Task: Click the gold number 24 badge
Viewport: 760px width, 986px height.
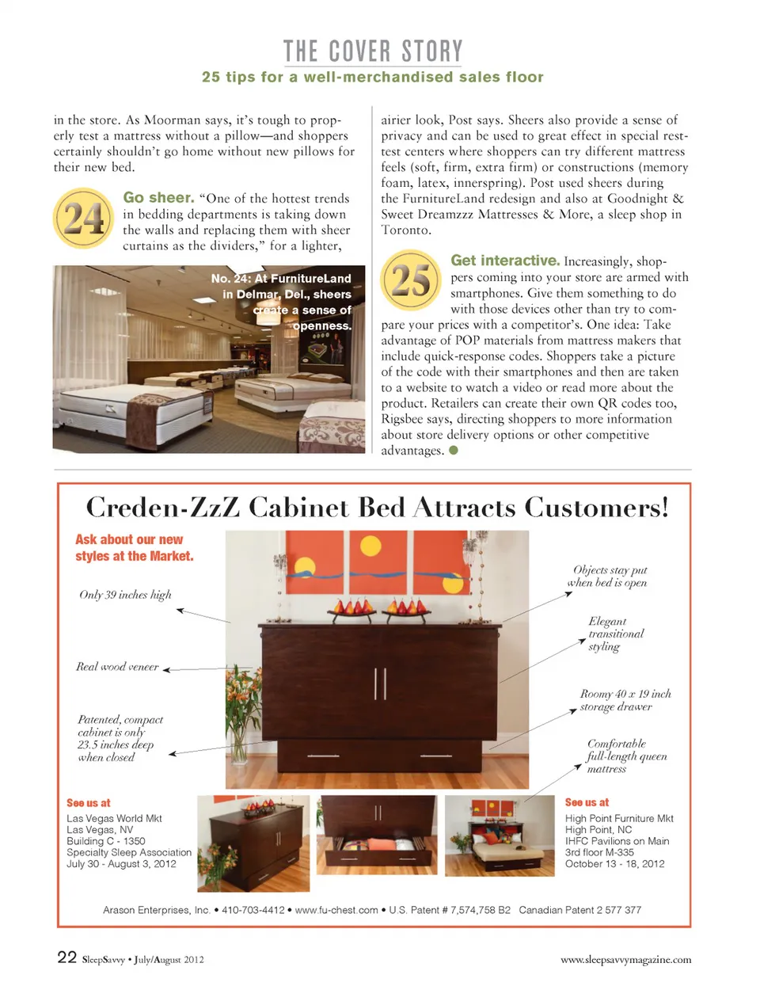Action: pyautogui.click(x=83, y=218)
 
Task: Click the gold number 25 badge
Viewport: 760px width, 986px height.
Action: pyautogui.click(x=411, y=280)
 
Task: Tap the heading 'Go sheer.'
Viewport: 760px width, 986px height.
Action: pyautogui.click(x=158, y=198)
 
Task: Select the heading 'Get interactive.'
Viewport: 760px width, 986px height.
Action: pyautogui.click(x=505, y=261)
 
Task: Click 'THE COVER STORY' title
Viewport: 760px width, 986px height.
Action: pyautogui.click(x=373, y=51)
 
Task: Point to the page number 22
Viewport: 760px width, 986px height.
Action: pyautogui.click(x=66, y=957)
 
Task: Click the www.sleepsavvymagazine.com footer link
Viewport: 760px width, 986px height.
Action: pyautogui.click(x=625, y=960)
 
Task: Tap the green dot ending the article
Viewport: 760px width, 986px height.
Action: pyautogui.click(x=454, y=451)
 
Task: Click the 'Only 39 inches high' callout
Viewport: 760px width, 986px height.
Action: pyautogui.click(x=125, y=595)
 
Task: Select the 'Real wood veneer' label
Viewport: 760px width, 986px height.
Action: pyautogui.click(x=117, y=667)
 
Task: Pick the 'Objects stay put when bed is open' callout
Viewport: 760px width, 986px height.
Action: pyautogui.click(x=608, y=576)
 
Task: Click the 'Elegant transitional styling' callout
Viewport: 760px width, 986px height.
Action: pyautogui.click(x=615, y=634)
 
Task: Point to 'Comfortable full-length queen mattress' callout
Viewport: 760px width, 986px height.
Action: pyautogui.click(x=625, y=756)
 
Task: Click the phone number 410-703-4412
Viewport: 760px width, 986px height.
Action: pyautogui.click(x=253, y=910)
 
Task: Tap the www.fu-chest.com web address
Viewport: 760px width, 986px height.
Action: pyautogui.click(x=336, y=910)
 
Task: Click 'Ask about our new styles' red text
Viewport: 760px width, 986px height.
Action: pyautogui.click(x=134, y=547)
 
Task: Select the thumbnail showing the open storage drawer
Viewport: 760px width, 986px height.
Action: pyautogui.click(x=378, y=835)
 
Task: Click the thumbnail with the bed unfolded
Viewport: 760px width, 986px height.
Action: pyautogui.click(x=494, y=835)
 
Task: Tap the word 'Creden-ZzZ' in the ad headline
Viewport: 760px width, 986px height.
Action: pyautogui.click(x=162, y=507)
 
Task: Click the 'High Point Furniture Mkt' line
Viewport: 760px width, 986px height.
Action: pyautogui.click(x=619, y=818)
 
